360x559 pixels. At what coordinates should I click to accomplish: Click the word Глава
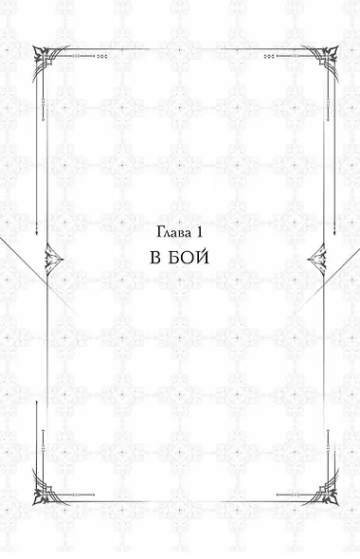(171, 232)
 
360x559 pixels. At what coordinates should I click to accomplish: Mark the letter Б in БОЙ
(177, 260)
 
